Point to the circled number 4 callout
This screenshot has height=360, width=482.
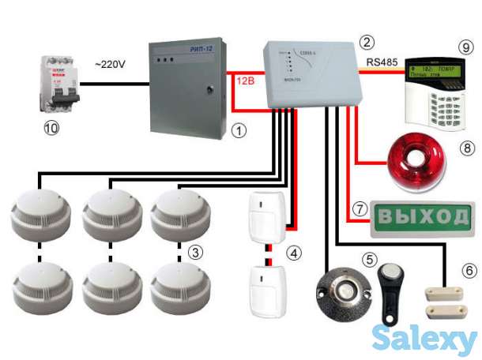pyautogui.click(x=294, y=253)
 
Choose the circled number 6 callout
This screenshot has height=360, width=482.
pyautogui.click(x=469, y=270)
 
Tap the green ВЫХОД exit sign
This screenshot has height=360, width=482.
pyautogui.click(x=424, y=216)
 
